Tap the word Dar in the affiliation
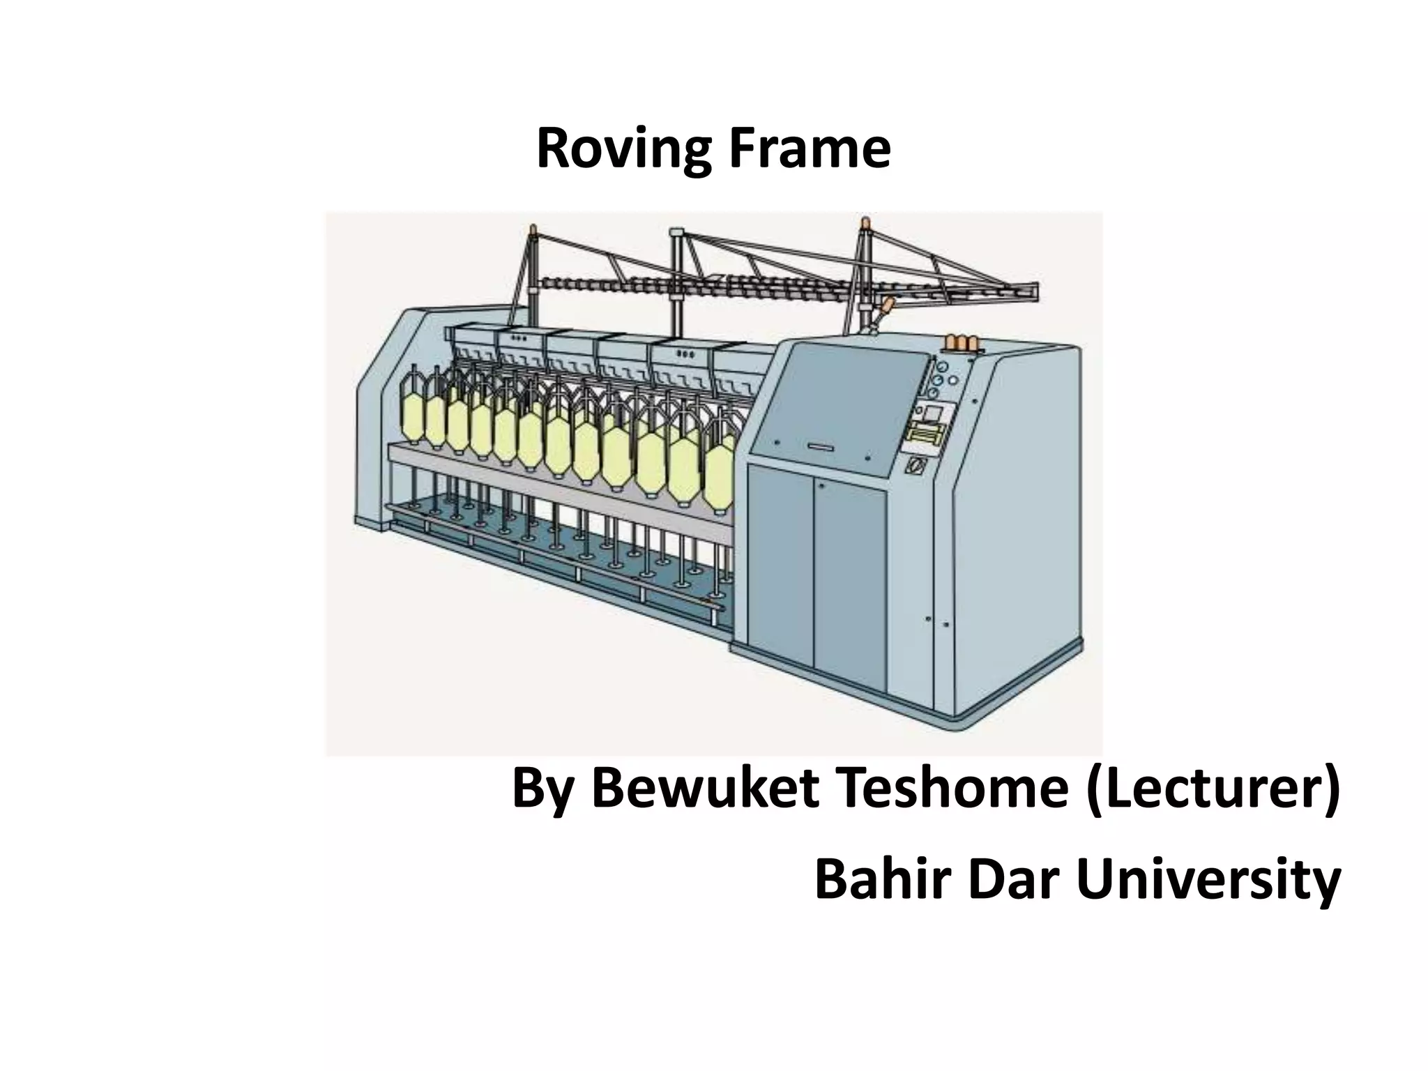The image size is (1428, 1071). point(1013,880)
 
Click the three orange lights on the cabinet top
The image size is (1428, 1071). point(961,342)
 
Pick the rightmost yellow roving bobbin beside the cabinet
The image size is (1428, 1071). point(719,477)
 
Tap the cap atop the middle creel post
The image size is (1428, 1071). point(676,232)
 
